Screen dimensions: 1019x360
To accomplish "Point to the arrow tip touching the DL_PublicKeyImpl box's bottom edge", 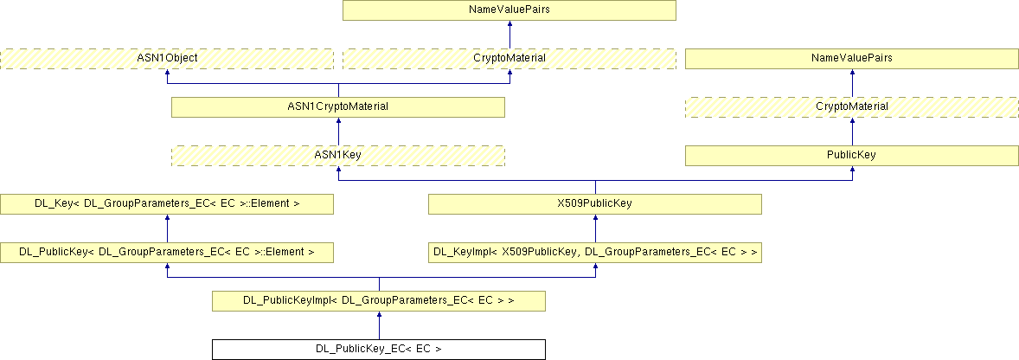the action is pos(379,312).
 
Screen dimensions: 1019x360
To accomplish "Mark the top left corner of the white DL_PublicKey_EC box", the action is pos(213,340).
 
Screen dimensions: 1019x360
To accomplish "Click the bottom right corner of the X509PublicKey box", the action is pos(761,214).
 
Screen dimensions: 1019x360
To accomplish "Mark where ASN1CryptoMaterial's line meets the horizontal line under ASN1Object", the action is pos(338,83).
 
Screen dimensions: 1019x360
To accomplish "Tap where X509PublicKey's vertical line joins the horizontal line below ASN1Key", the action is pos(595,180).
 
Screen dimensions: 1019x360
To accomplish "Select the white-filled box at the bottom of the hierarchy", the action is pos(379,350).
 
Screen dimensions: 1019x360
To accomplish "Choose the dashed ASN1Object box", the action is pos(167,59).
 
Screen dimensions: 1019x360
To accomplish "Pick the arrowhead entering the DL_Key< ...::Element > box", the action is pos(167,218).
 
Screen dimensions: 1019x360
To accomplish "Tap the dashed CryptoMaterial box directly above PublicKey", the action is pos(852,106).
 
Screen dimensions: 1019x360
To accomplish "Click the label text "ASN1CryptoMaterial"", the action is pos(338,106).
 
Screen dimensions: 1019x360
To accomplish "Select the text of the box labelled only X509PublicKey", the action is pos(595,204).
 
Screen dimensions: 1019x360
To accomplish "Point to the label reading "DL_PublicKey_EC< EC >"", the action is pos(379,350).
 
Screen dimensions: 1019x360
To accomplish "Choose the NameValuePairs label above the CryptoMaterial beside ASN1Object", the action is pos(509,10).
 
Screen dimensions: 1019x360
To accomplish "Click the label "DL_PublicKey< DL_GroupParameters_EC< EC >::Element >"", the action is pos(167,252).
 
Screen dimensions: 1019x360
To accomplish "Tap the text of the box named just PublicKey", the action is pos(852,155).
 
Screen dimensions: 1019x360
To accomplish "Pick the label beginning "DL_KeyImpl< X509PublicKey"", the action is pos(595,252).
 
